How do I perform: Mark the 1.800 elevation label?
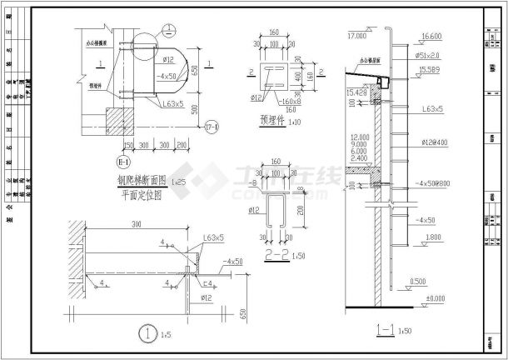429,237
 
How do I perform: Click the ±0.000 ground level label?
433,297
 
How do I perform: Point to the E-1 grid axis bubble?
123,162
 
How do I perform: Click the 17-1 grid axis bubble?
212,126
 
